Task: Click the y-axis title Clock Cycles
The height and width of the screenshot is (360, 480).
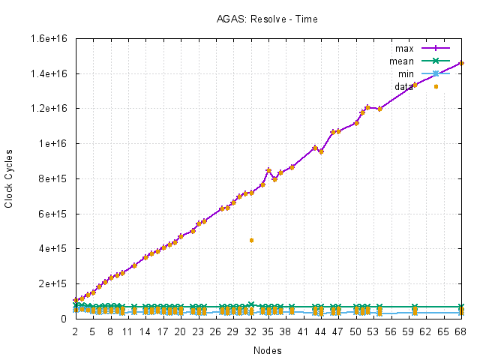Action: (x=9, y=178)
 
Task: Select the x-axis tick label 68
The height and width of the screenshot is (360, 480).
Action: (x=461, y=331)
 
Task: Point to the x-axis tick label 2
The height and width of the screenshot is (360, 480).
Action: (x=75, y=331)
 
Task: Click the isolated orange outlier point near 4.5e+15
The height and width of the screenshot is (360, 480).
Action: (x=251, y=240)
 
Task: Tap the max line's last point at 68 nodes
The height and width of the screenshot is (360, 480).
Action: (x=461, y=63)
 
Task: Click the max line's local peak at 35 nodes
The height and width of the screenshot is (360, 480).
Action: (x=268, y=170)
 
